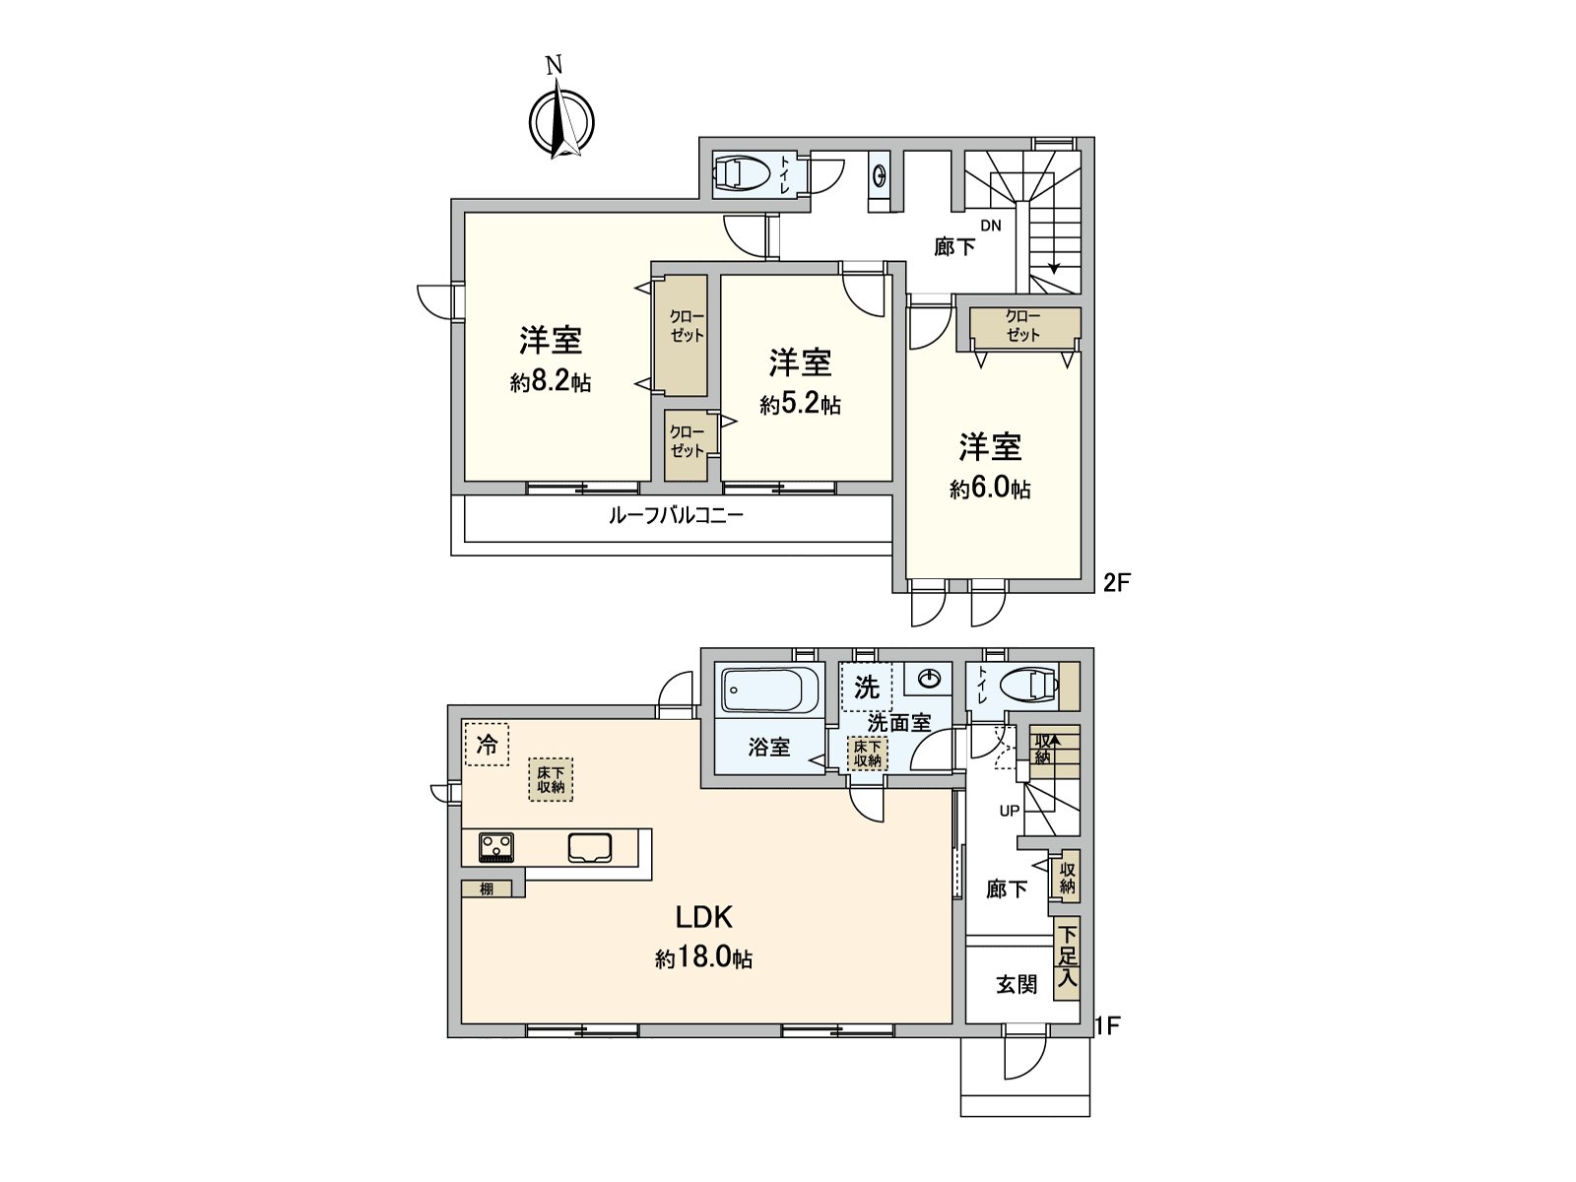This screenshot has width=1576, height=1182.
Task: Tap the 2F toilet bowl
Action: pyautogui.click(x=742, y=173)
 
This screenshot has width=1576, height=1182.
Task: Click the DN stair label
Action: pyautogui.click(x=990, y=226)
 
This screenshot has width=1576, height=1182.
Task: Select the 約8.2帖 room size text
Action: pyautogui.click(x=551, y=382)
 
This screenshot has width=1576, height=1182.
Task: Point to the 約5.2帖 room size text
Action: pyautogui.click(x=800, y=404)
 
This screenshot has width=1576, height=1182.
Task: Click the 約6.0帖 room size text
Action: pyautogui.click(x=990, y=489)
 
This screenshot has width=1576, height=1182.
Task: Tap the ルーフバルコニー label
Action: pyautogui.click(x=676, y=515)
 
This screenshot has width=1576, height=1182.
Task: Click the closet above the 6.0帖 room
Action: pyautogui.click(x=1023, y=327)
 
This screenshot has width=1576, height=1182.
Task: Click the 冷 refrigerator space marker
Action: pyautogui.click(x=487, y=744)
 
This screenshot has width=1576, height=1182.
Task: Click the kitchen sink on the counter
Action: pyautogui.click(x=590, y=847)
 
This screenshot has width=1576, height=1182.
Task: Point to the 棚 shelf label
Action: pyautogui.click(x=487, y=888)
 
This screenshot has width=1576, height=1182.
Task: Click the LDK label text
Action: pyautogui.click(x=703, y=917)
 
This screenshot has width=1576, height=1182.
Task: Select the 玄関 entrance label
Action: pyautogui.click(x=1016, y=984)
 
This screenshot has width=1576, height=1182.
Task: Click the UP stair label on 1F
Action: pyautogui.click(x=1010, y=811)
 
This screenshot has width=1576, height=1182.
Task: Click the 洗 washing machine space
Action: pyautogui.click(x=867, y=687)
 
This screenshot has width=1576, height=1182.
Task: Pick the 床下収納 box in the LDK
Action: pyautogui.click(x=551, y=779)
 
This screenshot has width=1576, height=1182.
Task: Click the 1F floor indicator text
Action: pyautogui.click(x=1108, y=1026)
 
